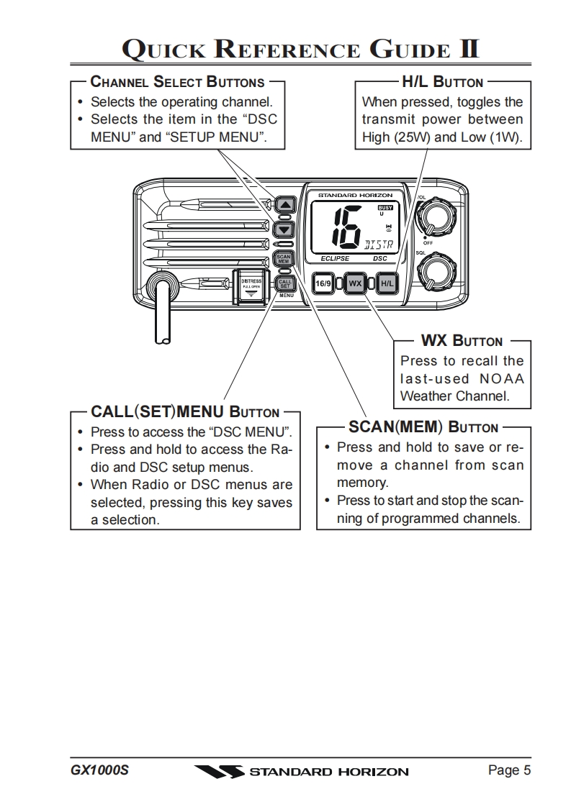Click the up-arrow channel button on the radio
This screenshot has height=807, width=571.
[x=286, y=204]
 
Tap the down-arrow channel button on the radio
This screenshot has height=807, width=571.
[x=286, y=229]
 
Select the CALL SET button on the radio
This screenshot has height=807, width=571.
[x=284, y=283]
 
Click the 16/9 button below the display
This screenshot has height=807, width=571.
[x=323, y=283]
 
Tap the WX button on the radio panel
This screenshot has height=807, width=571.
[x=355, y=283]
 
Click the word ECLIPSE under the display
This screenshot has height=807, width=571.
[x=335, y=258]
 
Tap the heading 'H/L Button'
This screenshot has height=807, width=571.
[x=442, y=82]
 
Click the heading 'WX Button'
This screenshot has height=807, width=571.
[x=462, y=341]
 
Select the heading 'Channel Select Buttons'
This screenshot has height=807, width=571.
[x=177, y=82]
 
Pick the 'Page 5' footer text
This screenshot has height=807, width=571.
[x=509, y=770]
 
